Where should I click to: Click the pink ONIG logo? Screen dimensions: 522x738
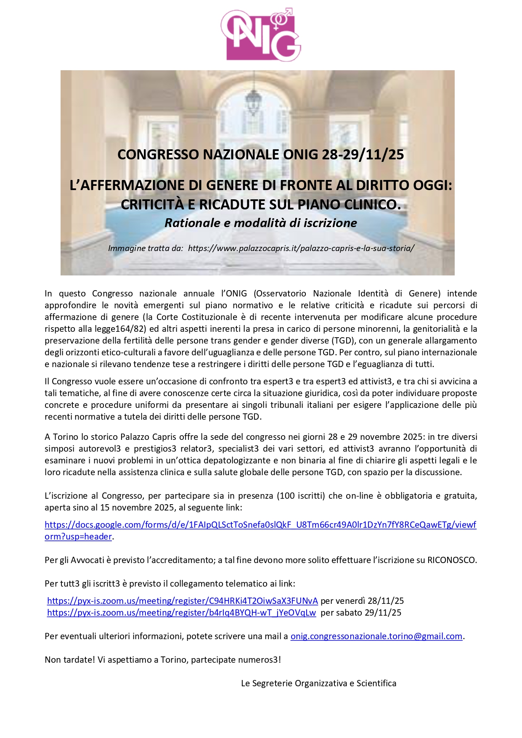(261, 35)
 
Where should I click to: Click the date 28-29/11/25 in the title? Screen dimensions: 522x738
(363, 155)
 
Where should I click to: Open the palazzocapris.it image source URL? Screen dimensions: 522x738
(301, 248)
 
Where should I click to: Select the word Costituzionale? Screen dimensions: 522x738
(210, 317)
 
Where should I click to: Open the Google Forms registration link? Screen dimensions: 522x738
(260, 525)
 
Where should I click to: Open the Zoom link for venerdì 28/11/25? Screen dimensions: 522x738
(183, 601)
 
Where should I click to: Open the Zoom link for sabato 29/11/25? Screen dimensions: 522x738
(181, 613)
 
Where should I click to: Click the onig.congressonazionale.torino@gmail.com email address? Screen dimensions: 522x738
(376, 636)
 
